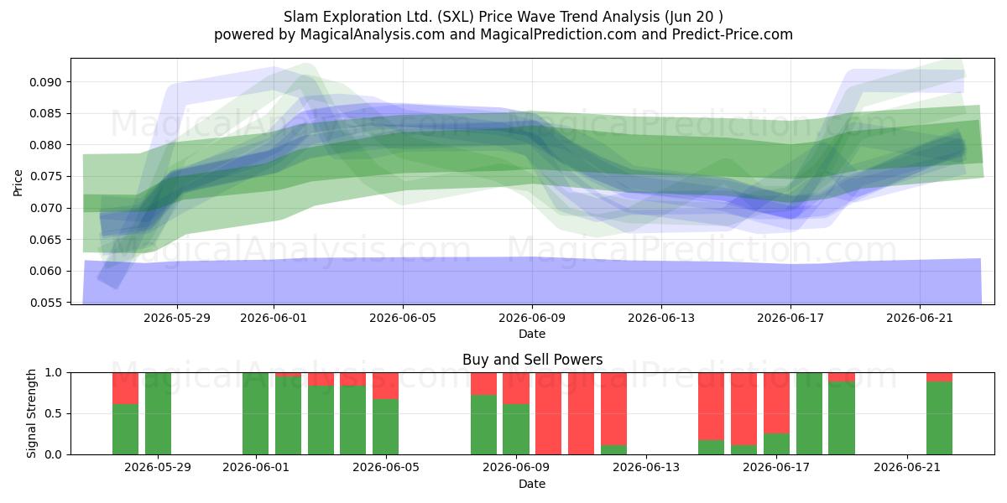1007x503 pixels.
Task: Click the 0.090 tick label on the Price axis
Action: click(44, 82)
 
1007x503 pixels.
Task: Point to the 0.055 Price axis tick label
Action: click(44, 303)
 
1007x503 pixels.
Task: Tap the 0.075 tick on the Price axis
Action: click(44, 177)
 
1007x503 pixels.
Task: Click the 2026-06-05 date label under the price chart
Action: click(403, 318)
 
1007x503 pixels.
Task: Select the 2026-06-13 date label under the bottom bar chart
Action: click(646, 468)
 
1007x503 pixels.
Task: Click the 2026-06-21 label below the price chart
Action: click(920, 318)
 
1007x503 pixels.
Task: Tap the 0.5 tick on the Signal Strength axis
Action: click(54, 413)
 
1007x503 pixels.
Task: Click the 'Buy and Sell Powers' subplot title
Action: click(532, 360)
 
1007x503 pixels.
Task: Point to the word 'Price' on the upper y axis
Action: click(18, 183)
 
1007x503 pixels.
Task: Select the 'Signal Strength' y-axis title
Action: click(31, 413)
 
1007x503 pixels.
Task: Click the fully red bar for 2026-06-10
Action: click(549, 413)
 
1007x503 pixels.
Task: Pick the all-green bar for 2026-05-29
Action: click(158, 413)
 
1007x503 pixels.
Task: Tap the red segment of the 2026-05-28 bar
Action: click(125, 388)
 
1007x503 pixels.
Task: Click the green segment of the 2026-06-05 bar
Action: click(386, 427)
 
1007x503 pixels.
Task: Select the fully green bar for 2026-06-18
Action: click(809, 413)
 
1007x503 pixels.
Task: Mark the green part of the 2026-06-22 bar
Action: click(940, 418)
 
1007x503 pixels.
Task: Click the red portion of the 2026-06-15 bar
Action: click(712, 407)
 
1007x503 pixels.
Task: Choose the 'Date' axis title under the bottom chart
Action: click(532, 484)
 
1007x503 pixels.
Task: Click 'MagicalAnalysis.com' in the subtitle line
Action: click(373, 34)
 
